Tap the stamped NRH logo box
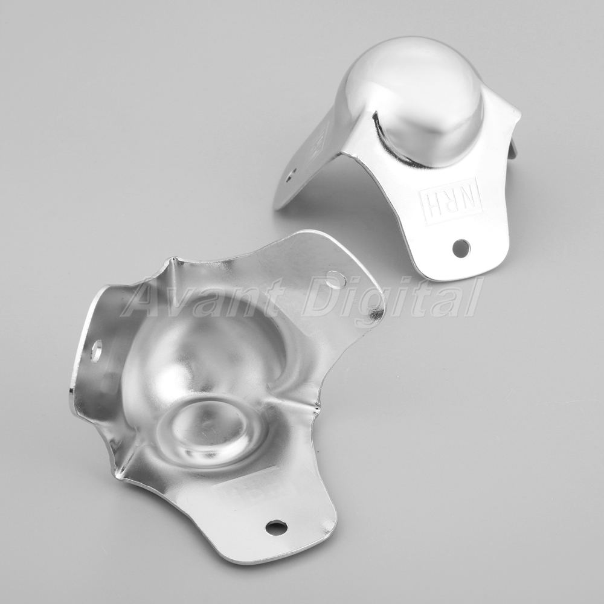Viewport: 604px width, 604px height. pos(451,196)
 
